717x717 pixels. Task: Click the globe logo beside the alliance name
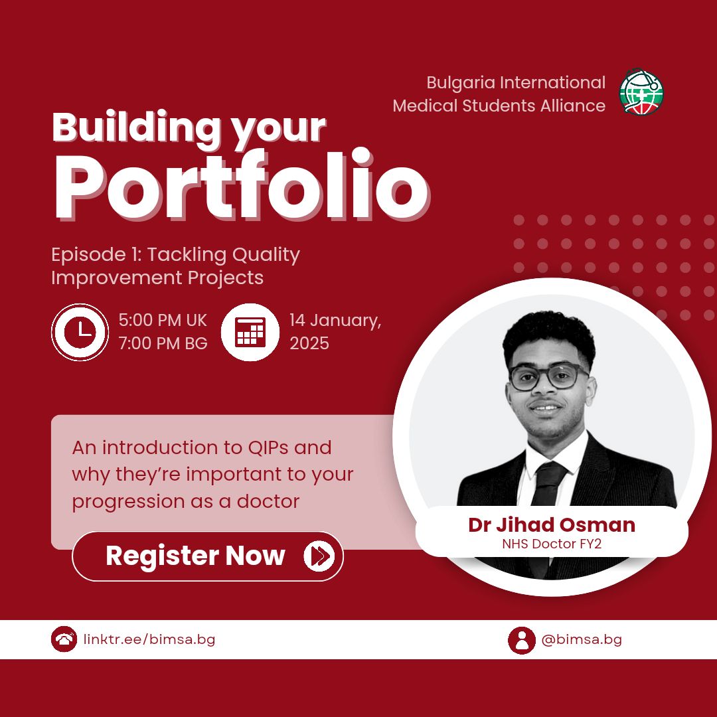point(641,92)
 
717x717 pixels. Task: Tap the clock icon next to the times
point(80,332)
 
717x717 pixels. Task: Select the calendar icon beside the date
point(250,332)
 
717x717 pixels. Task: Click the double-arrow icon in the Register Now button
point(319,556)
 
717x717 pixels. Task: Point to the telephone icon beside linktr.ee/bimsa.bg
point(64,639)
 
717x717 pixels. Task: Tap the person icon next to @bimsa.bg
point(521,640)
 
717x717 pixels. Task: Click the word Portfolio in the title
point(242,185)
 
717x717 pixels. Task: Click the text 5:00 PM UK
point(163,320)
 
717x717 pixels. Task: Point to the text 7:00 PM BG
point(163,343)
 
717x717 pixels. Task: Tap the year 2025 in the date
point(309,343)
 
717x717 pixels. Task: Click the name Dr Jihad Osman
point(552,524)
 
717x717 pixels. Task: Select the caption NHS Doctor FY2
point(552,544)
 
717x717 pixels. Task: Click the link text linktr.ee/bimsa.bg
point(149,639)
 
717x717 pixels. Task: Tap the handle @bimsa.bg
point(581,639)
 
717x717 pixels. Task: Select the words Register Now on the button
point(195,556)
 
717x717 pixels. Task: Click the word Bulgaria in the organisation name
point(461,83)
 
